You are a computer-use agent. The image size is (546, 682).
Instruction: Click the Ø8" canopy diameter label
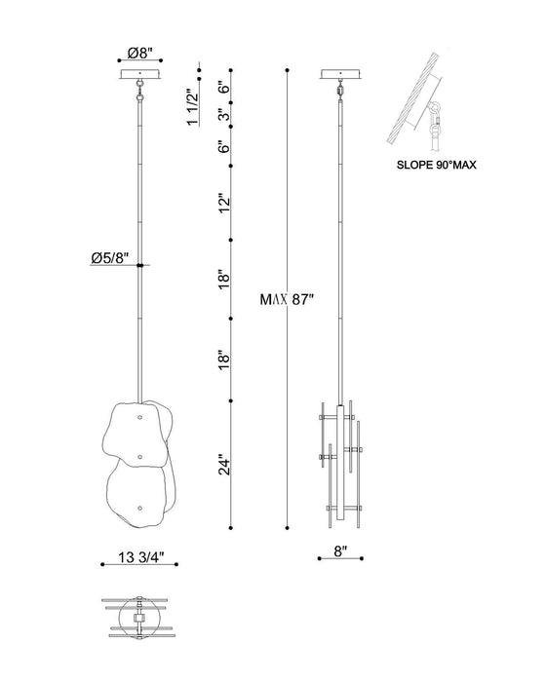tap(140, 53)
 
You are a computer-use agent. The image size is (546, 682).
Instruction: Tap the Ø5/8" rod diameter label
tap(110, 257)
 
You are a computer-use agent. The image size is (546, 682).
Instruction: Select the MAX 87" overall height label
tap(287, 300)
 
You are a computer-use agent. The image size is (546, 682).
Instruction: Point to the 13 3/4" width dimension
tap(140, 556)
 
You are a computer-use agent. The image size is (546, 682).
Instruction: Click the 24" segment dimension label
tap(224, 465)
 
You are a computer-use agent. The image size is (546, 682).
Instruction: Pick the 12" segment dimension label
tap(224, 203)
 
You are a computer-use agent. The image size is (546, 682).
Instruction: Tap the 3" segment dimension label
tap(224, 115)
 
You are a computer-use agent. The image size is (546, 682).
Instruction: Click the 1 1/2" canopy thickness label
tap(193, 107)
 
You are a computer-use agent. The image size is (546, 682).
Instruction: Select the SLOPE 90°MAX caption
tap(436, 166)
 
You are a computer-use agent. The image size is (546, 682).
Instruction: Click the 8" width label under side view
tap(340, 551)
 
